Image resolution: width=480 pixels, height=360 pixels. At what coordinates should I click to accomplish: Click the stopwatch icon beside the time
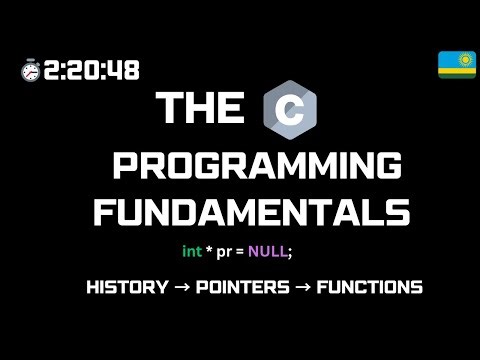coord(29,70)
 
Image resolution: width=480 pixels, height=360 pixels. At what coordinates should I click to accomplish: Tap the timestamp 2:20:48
coord(91,70)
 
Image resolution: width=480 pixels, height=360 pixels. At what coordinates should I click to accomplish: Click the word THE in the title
coord(201,109)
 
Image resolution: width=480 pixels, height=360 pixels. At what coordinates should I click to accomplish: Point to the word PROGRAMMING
coord(257,166)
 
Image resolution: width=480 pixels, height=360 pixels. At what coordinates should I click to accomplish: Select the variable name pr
coord(222,253)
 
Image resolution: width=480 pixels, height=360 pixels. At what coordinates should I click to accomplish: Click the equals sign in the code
coord(240,253)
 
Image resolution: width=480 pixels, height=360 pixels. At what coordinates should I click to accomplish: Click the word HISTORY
coord(127,288)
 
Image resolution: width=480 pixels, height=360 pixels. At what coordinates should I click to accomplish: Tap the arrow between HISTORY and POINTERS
coord(182,288)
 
